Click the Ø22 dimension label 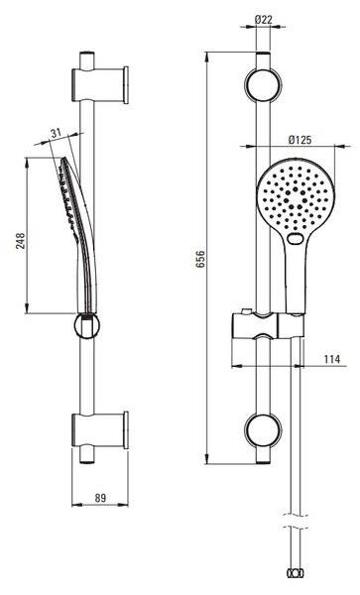coord(264,19)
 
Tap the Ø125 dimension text coord(300,140)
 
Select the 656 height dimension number coord(200,259)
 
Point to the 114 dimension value coord(332,359)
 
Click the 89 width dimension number coord(100,498)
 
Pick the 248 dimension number coord(20,241)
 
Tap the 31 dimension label coord(56,133)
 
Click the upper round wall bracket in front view coord(263,85)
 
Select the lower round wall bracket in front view coord(263,430)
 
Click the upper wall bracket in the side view coord(100,85)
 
